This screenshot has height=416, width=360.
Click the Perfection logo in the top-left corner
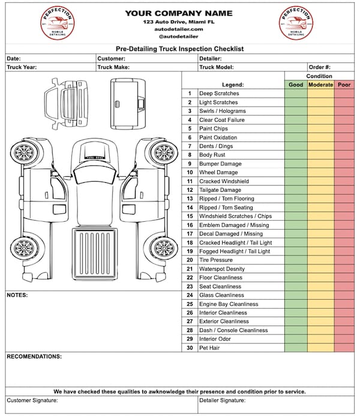57,23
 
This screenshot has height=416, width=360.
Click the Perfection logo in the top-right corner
296,23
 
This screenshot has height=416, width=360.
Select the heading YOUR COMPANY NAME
179,13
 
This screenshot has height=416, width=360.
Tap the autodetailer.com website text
179,29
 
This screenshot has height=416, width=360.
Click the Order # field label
319,68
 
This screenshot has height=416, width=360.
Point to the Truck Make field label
113,68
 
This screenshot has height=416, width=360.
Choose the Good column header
296,85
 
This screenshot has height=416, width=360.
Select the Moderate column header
320,85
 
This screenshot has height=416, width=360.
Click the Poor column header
344,85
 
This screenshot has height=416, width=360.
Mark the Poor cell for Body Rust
344,155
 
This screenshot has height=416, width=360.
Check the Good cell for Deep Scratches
296,94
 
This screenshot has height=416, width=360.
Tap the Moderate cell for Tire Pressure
320,260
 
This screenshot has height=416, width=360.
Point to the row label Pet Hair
211,348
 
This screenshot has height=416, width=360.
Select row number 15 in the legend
190,216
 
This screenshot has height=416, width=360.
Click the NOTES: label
17,295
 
